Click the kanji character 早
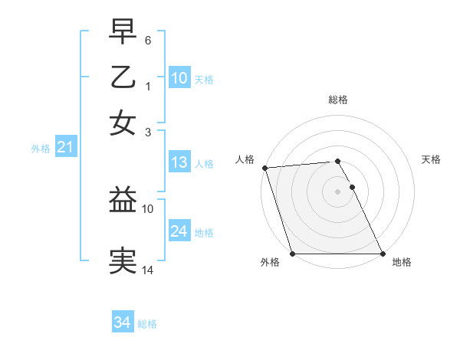tap(123, 31)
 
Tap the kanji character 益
tap(123, 201)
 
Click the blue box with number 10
tap(179, 77)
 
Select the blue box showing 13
tap(179, 162)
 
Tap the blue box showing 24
tap(179, 231)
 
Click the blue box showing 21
tap(65, 147)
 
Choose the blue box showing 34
tap(122, 322)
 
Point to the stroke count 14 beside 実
tap(149, 270)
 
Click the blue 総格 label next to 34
tap(147, 324)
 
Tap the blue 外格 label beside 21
tap(41, 149)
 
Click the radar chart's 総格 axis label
tap(338, 100)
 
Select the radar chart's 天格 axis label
tap(431, 159)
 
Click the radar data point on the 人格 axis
tap(264, 168)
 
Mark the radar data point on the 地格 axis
tap(383, 254)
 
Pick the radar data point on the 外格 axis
tap(293, 254)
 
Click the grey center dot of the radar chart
tap(338, 191)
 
